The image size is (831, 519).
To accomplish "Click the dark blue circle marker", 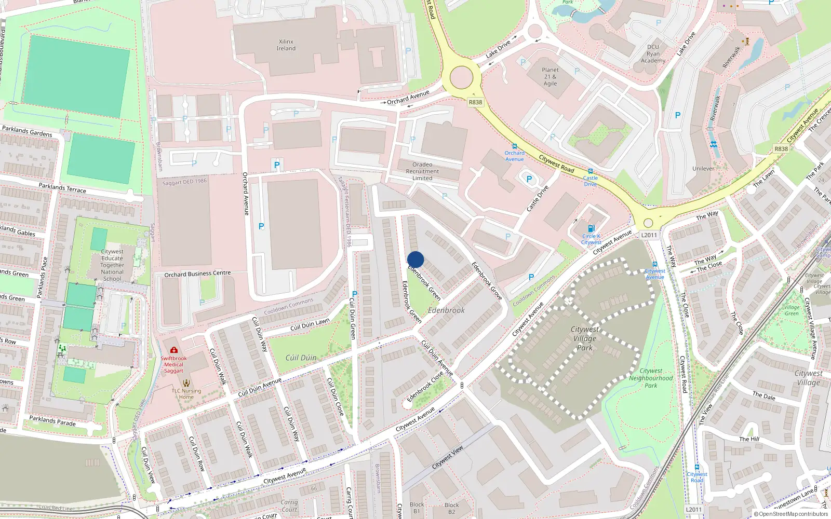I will [x=415, y=259].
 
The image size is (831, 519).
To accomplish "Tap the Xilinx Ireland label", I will [x=286, y=45].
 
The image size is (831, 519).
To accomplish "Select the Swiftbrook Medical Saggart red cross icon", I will [x=173, y=350].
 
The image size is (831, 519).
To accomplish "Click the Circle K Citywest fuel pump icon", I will [x=591, y=229].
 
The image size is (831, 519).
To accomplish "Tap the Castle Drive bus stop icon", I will [x=590, y=171].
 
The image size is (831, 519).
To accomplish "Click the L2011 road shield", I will [x=649, y=235].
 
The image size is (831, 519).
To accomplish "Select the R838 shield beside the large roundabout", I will [x=475, y=102].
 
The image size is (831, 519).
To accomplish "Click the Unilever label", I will [x=703, y=169].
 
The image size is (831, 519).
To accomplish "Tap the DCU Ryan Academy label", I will [x=653, y=54].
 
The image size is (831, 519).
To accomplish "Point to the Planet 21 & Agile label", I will [x=550, y=77].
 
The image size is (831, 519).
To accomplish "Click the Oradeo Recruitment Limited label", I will [x=422, y=171].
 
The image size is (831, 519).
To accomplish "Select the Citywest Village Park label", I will [x=584, y=338].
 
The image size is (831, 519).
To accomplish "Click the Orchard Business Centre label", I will [x=197, y=274].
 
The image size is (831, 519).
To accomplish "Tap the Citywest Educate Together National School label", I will [x=112, y=265].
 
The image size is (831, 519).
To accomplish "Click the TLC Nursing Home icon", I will [x=186, y=383].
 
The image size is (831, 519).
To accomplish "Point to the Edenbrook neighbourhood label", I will [x=446, y=310].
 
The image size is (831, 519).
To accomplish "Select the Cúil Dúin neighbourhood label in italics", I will [x=301, y=358].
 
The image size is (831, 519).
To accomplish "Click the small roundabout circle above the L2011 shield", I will [x=648, y=223].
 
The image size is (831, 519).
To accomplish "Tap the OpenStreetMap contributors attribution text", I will [x=791, y=514].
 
